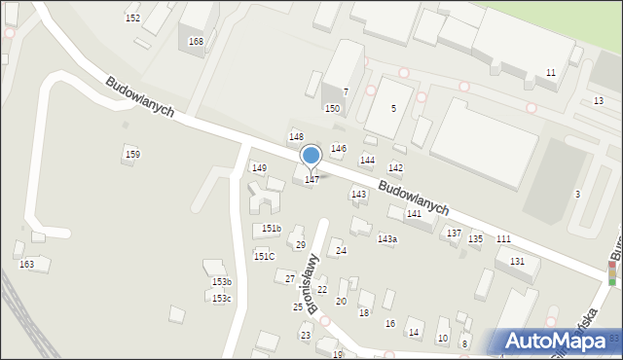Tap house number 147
(x=311, y=180)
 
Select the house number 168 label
(x=197, y=42)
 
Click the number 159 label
(x=132, y=155)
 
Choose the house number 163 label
(x=26, y=265)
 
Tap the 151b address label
(x=272, y=229)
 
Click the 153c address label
(x=222, y=299)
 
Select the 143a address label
(x=387, y=239)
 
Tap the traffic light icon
(x=612, y=275)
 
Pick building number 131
(x=517, y=263)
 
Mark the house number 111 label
(x=503, y=239)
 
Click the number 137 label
(x=454, y=234)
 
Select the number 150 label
(x=332, y=109)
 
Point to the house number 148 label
(x=296, y=137)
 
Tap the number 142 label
(x=396, y=169)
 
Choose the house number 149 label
(x=259, y=168)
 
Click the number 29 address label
(x=301, y=245)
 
